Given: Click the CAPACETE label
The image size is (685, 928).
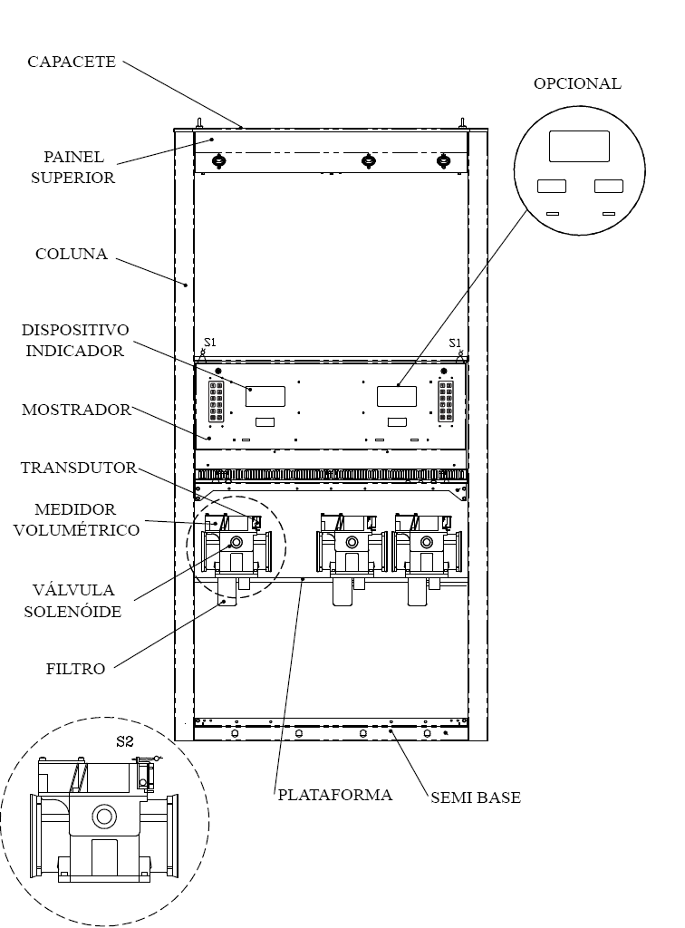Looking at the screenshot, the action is click(x=72, y=62).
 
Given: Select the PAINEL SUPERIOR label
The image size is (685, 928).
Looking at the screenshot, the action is click(x=72, y=167).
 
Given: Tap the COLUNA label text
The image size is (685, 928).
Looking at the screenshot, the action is click(x=72, y=254).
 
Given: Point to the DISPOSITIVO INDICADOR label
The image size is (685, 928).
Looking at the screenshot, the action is click(x=74, y=341).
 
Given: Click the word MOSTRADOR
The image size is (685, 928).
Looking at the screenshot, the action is click(x=76, y=410).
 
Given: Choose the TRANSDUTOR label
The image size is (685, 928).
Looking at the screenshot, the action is click(x=79, y=468).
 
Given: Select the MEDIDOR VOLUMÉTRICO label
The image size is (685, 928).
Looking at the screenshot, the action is click(x=76, y=519).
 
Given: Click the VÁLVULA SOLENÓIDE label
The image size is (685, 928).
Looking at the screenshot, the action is click(x=72, y=601).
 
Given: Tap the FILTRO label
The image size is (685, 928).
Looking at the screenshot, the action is click(x=76, y=669).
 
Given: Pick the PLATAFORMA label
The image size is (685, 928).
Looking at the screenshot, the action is click(x=335, y=794).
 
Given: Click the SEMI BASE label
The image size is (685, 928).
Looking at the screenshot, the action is click(x=476, y=797).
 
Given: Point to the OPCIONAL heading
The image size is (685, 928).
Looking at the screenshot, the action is click(x=577, y=83).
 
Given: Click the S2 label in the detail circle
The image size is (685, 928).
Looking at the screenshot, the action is click(x=125, y=741).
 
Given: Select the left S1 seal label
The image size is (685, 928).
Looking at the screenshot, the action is click(x=210, y=342).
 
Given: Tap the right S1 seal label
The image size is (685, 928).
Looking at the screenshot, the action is click(x=454, y=343).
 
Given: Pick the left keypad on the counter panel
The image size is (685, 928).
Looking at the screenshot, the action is click(x=216, y=401).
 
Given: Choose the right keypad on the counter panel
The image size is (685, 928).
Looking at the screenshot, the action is click(x=446, y=401).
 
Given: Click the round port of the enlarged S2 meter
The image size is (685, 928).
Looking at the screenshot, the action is click(x=104, y=817).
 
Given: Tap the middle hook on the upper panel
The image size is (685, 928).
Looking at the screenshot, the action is click(x=369, y=160).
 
